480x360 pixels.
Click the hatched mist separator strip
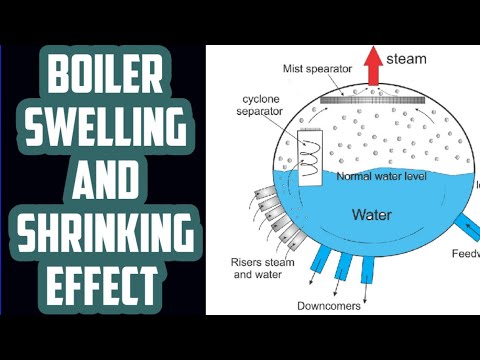point(373,99)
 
